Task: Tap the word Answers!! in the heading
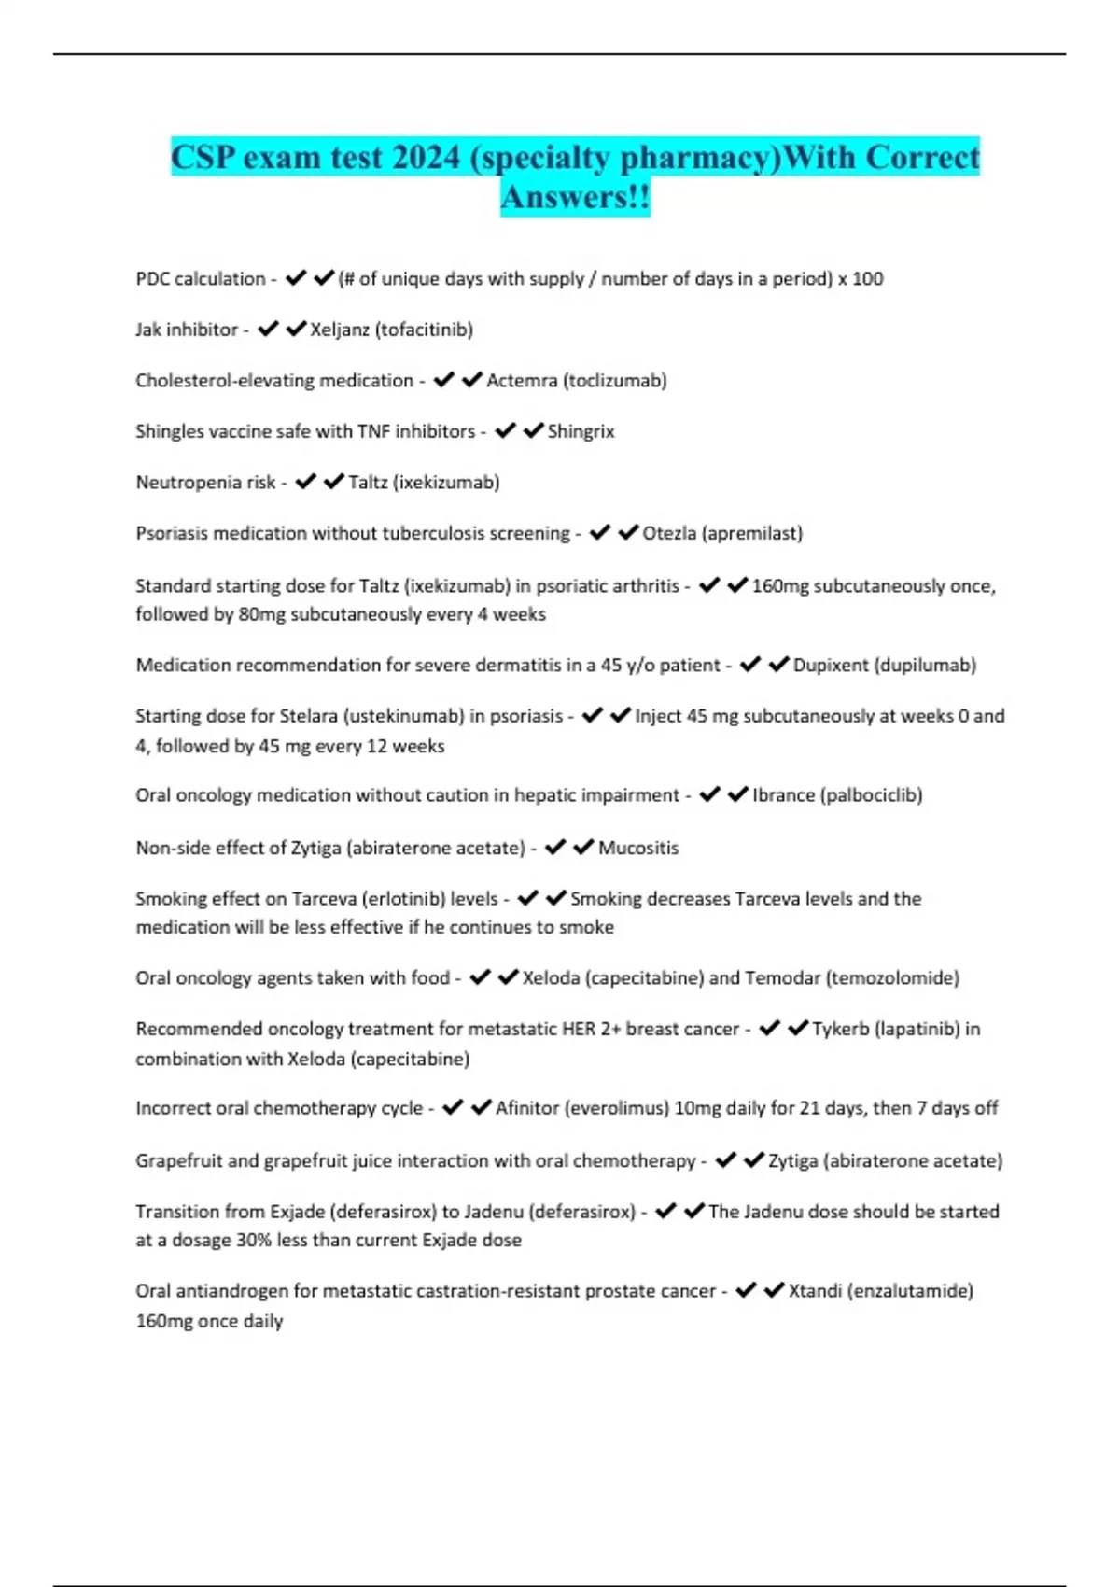click(x=575, y=197)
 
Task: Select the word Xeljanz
click(x=340, y=330)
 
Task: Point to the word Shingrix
click(x=581, y=431)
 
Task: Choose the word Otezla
click(x=669, y=533)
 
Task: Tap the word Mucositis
click(x=638, y=848)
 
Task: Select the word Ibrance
click(x=783, y=795)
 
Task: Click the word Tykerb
click(x=840, y=1029)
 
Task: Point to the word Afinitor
click(x=528, y=1108)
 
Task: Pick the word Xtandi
click(x=815, y=1291)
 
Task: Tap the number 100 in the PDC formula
click(x=868, y=279)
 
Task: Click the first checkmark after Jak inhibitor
click(x=268, y=329)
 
